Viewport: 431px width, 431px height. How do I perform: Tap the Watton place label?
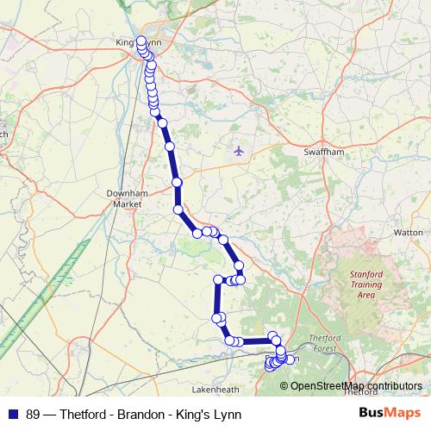[408, 233]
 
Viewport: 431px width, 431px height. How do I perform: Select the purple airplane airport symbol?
[240, 151]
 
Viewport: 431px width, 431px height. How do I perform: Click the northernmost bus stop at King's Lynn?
[141, 41]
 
